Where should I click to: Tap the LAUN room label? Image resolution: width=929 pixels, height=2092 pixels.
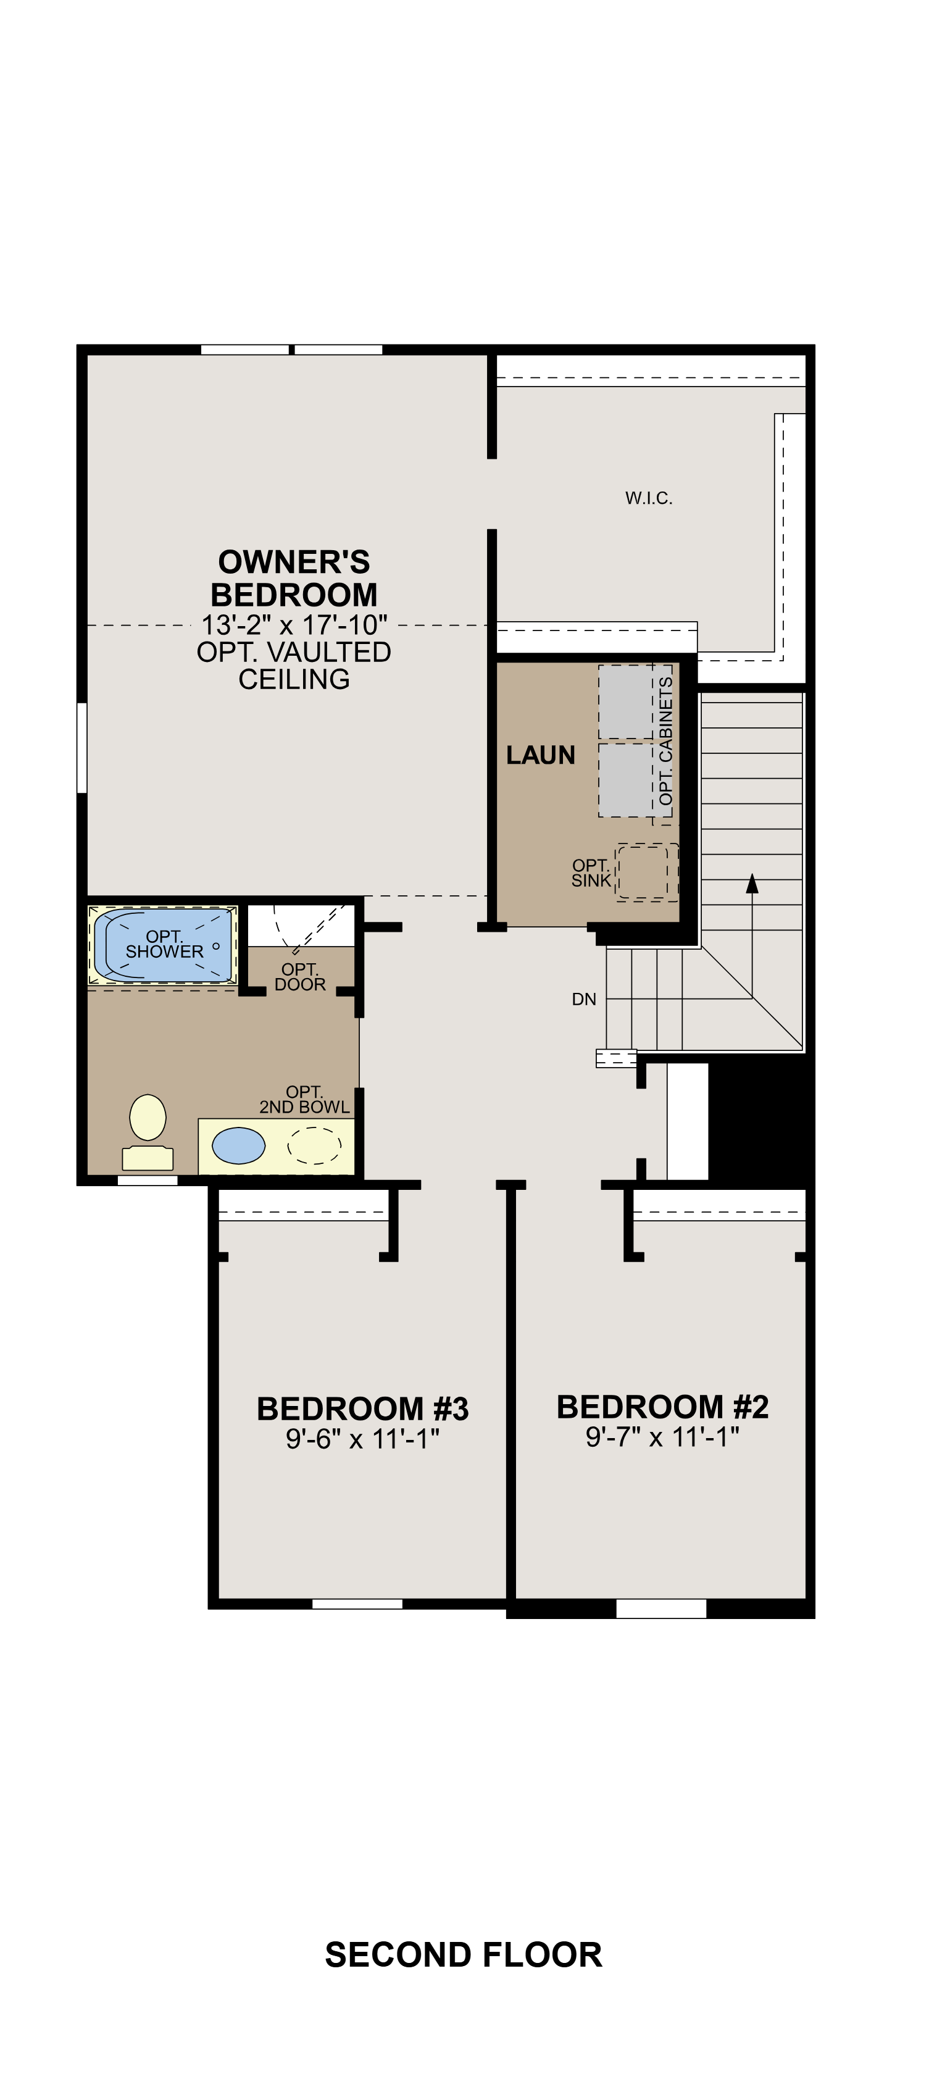coord(540,755)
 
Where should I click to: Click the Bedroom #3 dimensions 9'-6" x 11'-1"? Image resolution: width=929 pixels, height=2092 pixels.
coord(362,1439)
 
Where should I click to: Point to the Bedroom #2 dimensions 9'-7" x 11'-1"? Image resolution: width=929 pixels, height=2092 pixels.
coord(662,1437)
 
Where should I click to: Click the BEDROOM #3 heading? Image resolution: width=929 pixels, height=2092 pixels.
coord(362,1409)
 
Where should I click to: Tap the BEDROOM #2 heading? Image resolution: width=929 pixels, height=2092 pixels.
coord(662,1407)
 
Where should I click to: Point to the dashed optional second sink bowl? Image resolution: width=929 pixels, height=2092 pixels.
coord(314,1145)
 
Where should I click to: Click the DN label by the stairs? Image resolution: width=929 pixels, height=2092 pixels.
coord(584,1000)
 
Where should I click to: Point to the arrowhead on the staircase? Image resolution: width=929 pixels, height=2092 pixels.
coord(752,883)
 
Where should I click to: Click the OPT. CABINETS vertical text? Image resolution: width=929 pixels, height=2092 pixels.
coord(666,740)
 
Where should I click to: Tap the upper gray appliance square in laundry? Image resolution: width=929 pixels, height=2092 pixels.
coord(625,703)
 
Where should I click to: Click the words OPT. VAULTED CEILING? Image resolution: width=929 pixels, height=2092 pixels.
coord(294,665)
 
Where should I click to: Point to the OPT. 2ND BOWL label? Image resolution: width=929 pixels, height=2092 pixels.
coord(304,1100)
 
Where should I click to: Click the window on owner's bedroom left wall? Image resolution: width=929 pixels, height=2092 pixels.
coord(82,747)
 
